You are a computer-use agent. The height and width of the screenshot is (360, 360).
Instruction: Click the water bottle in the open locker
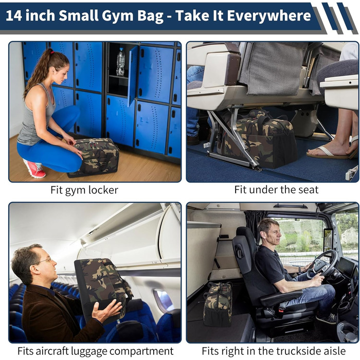click(120, 62)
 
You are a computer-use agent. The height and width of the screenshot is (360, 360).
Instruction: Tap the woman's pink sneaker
click(35, 168)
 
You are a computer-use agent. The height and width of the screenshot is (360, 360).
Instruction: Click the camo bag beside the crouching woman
click(94, 157)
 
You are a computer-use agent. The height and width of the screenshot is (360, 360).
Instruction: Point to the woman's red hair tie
click(52, 52)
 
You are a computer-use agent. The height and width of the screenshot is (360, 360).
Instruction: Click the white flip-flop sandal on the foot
click(331, 152)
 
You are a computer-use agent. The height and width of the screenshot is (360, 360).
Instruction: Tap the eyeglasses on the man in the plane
click(45, 261)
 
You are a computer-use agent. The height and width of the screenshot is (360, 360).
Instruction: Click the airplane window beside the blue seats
click(163, 300)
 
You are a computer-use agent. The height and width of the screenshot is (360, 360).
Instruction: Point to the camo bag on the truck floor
click(218, 303)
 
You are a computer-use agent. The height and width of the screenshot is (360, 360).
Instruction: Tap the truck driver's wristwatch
click(300, 269)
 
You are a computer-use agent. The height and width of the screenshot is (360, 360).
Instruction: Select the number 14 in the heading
click(14, 15)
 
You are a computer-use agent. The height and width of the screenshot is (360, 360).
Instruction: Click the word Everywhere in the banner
click(268, 15)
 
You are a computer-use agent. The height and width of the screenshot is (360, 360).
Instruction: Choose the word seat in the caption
click(308, 190)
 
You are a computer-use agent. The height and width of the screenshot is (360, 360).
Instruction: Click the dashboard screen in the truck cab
click(346, 265)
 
